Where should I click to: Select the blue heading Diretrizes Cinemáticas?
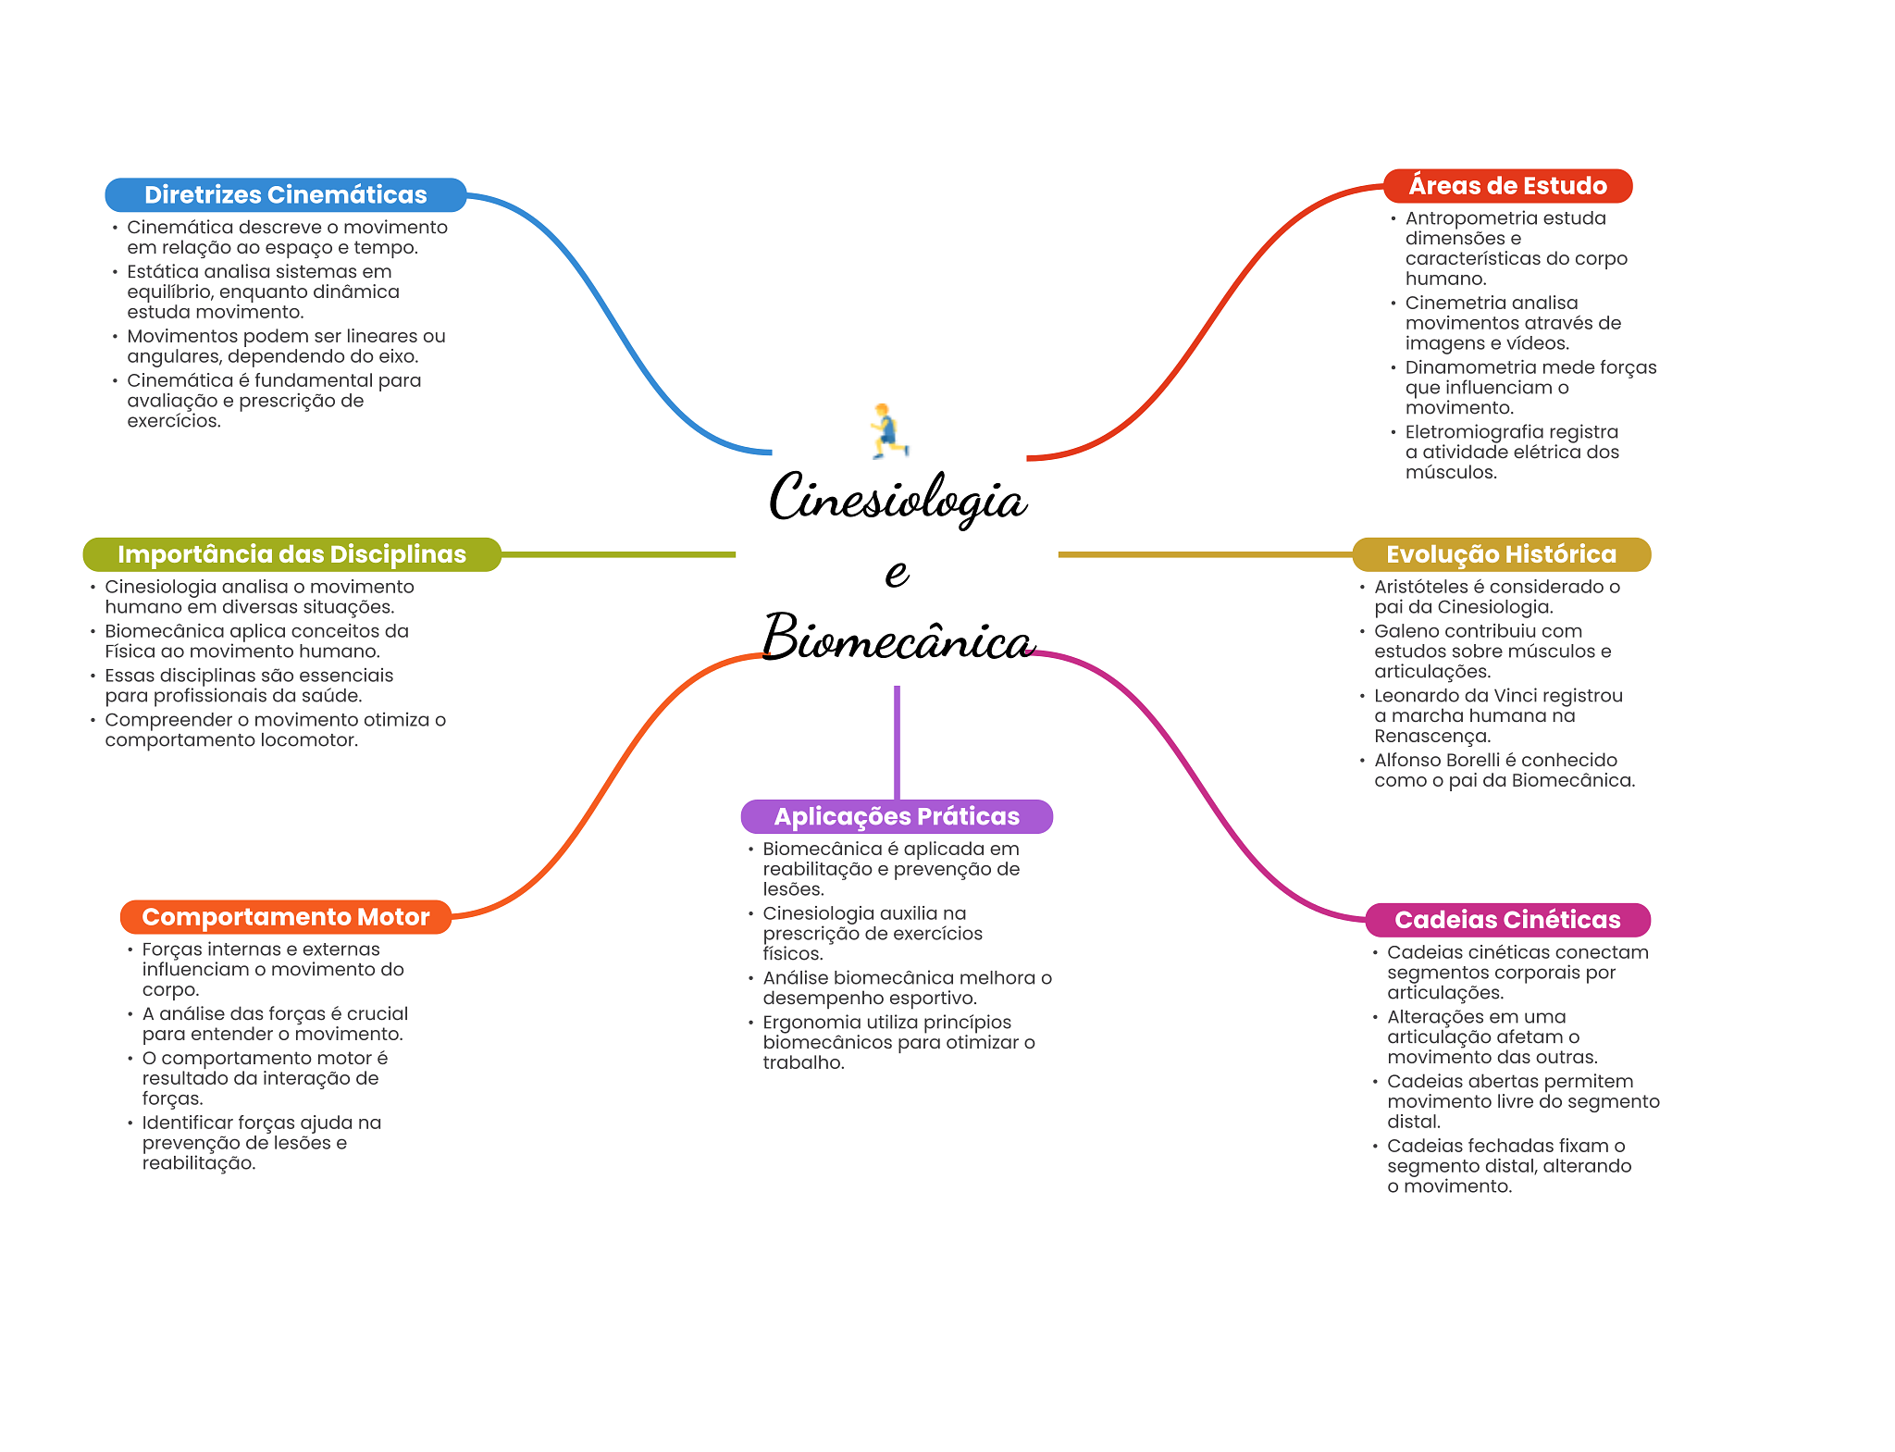285,195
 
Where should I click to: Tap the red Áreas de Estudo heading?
1507,186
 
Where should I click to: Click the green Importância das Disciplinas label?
291,554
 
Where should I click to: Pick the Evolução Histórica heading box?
1501,554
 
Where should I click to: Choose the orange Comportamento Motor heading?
286,917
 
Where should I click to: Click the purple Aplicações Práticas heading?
897,816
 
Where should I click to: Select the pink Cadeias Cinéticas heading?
1507,920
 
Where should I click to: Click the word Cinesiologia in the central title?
897,500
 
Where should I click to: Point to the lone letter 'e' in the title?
897,573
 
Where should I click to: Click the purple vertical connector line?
897,740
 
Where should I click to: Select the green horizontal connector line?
618,554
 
